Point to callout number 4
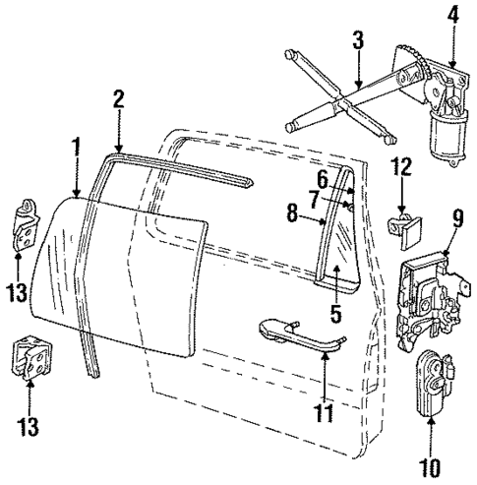coord(453,16)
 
